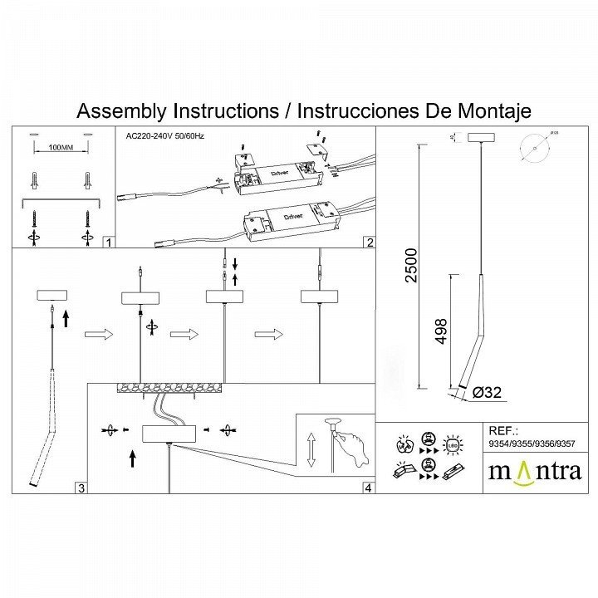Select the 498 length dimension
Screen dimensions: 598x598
point(441,331)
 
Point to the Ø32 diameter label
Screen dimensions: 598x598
point(487,393)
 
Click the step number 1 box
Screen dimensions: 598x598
point(107,243)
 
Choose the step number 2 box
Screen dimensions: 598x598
point(369,243)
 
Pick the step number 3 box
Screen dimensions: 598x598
point(81,488)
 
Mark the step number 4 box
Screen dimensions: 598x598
point(367,488)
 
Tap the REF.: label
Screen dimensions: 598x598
point(503,431)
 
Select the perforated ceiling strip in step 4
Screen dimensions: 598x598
point(171,388)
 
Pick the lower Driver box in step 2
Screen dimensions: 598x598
point(290,218)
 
